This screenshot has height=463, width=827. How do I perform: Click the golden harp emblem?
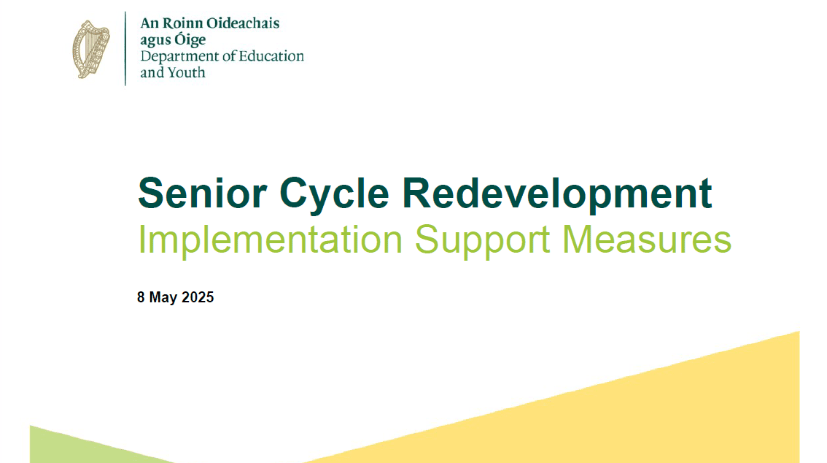90,49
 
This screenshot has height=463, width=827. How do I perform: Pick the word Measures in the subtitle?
647,240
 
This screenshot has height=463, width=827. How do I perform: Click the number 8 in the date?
141,297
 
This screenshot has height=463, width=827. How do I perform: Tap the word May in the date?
163,298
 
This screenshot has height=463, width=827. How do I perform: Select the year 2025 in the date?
198,297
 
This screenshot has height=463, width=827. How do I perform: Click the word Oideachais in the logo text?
243,23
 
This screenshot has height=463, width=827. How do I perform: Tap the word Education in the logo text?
271,56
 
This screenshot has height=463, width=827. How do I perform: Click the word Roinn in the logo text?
182,23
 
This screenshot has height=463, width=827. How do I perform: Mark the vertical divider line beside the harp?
125,49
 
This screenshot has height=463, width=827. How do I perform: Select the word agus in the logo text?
155,41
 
